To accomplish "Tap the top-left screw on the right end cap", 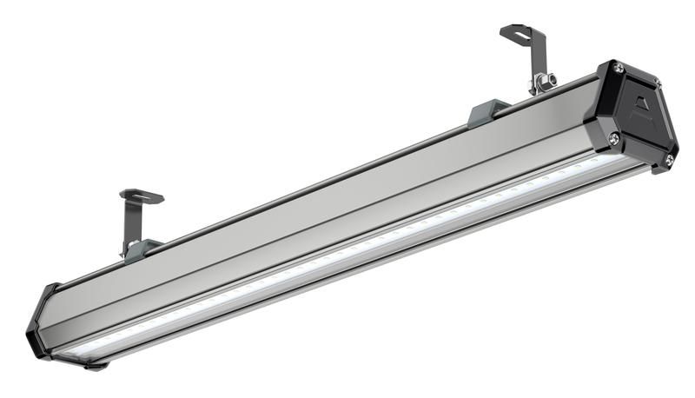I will (618, 68).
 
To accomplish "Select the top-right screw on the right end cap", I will (657, 83).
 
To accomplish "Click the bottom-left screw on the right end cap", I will (613, 138).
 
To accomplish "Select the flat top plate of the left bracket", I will (141, 196).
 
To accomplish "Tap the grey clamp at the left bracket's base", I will (139, 250).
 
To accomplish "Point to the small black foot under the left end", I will (96, 366).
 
